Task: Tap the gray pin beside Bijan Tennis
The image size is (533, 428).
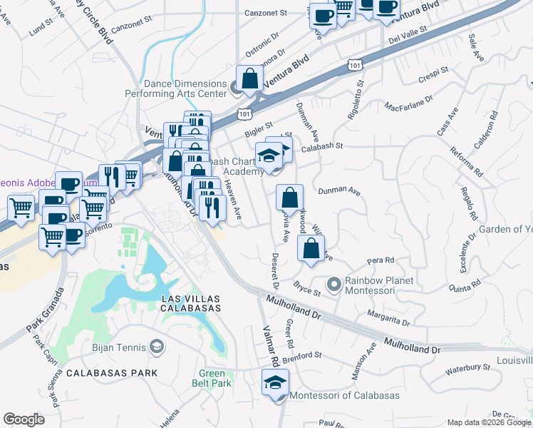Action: (x=156, y=347)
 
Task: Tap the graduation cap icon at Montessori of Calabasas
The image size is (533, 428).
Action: (x=275, y=383)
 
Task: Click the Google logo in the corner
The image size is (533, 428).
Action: (x=24, y=419)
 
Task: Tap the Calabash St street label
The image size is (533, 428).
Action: (x=322, y=146)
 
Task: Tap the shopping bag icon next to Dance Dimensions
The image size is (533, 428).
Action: (x=250, y=81)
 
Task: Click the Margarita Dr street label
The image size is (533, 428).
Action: (x=388, y=317)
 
